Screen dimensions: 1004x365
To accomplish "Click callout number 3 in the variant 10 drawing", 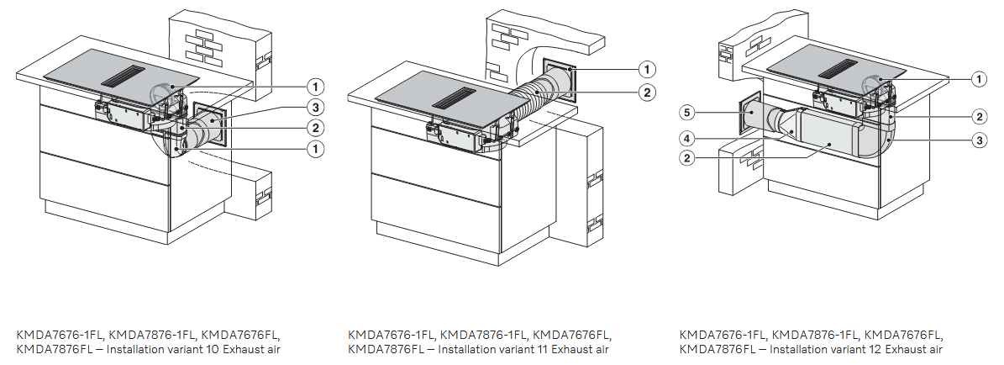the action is (x=315, y=107).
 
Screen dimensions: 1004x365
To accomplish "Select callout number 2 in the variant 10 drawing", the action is (x=315, y=127).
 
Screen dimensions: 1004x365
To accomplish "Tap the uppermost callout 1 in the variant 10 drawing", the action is (x=315, y=86).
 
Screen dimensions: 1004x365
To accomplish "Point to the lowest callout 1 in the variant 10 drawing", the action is (x=315, y=150).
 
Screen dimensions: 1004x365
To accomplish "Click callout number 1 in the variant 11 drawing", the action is (x=648, y=69).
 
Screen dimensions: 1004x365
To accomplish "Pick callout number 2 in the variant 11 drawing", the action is (x=648, y=93).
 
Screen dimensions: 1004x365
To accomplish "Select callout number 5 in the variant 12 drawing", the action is (x=687, y=114).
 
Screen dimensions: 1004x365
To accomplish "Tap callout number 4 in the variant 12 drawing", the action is (x=687, y=136).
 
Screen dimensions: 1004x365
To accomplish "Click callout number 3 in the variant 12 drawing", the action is (x=979, y=140).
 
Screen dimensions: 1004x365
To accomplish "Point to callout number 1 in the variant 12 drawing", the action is (x=979, y=80).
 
